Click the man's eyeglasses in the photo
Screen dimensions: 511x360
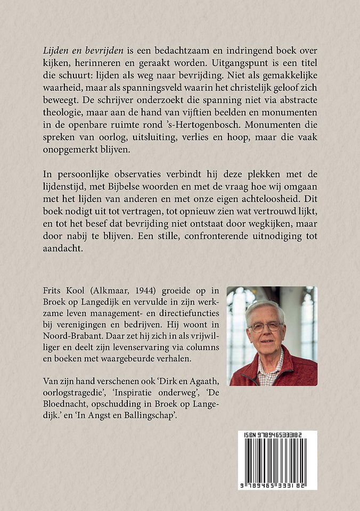pyautogui.click(x=265, y=326)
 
